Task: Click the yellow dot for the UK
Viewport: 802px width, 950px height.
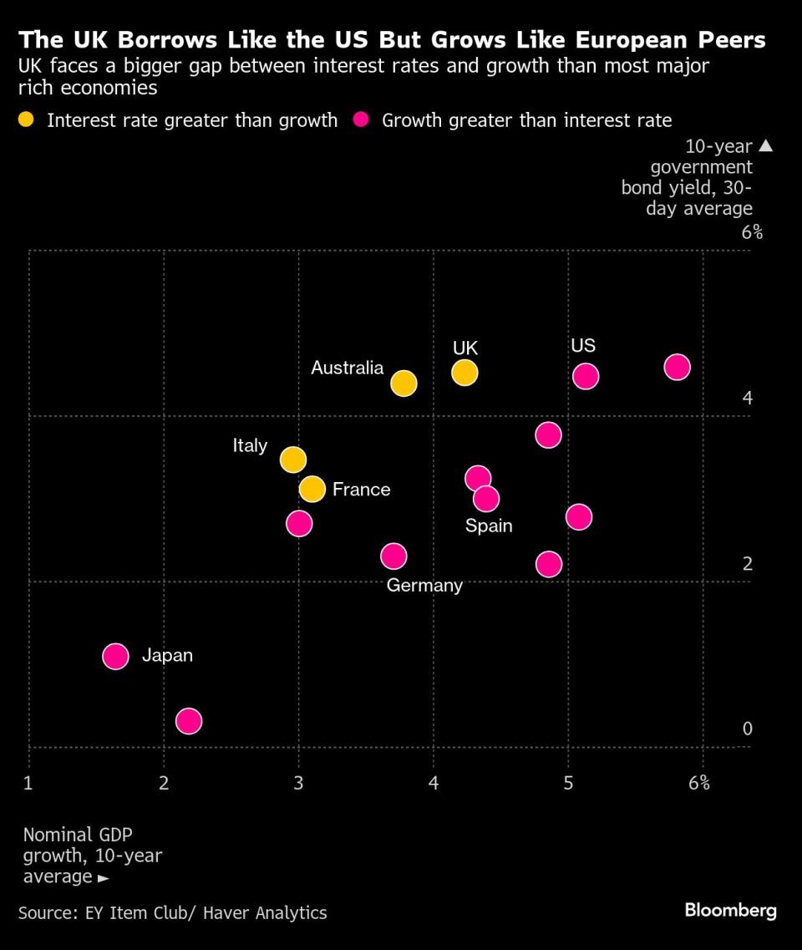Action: pos(464,373)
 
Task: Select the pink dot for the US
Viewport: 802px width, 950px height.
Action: pos(586,376)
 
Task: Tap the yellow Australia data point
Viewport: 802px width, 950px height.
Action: pos(404,383)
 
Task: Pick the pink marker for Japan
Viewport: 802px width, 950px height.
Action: pos(115,656)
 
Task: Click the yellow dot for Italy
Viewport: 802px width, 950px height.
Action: pos(292,459)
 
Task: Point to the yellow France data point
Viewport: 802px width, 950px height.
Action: pos(312,489)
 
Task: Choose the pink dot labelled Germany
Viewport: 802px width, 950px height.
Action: pos(393,556)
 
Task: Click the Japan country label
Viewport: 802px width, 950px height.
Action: pos(167,655)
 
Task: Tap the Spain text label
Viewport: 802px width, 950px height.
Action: pos(489,526)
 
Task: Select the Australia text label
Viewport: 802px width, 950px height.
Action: pos(347,368)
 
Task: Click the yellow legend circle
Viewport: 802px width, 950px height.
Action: pos(28,120)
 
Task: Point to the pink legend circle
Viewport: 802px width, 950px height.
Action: pos(362,120)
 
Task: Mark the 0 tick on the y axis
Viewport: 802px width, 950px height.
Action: pos(748,729)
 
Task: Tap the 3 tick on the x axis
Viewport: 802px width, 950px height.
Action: pos(298,783)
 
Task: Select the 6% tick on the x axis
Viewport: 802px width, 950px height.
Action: pos(699,783)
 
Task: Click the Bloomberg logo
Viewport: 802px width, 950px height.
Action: pos(731,911)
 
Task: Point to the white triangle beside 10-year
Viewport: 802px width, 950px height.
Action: pos(766,145)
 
